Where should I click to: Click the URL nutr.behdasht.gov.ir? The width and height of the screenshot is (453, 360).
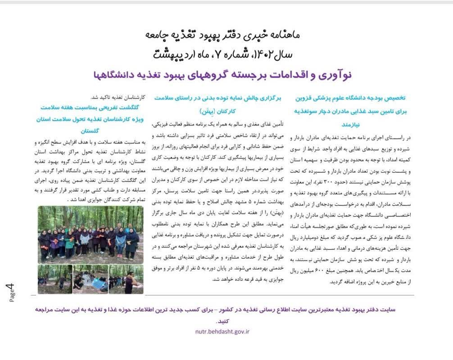222,331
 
